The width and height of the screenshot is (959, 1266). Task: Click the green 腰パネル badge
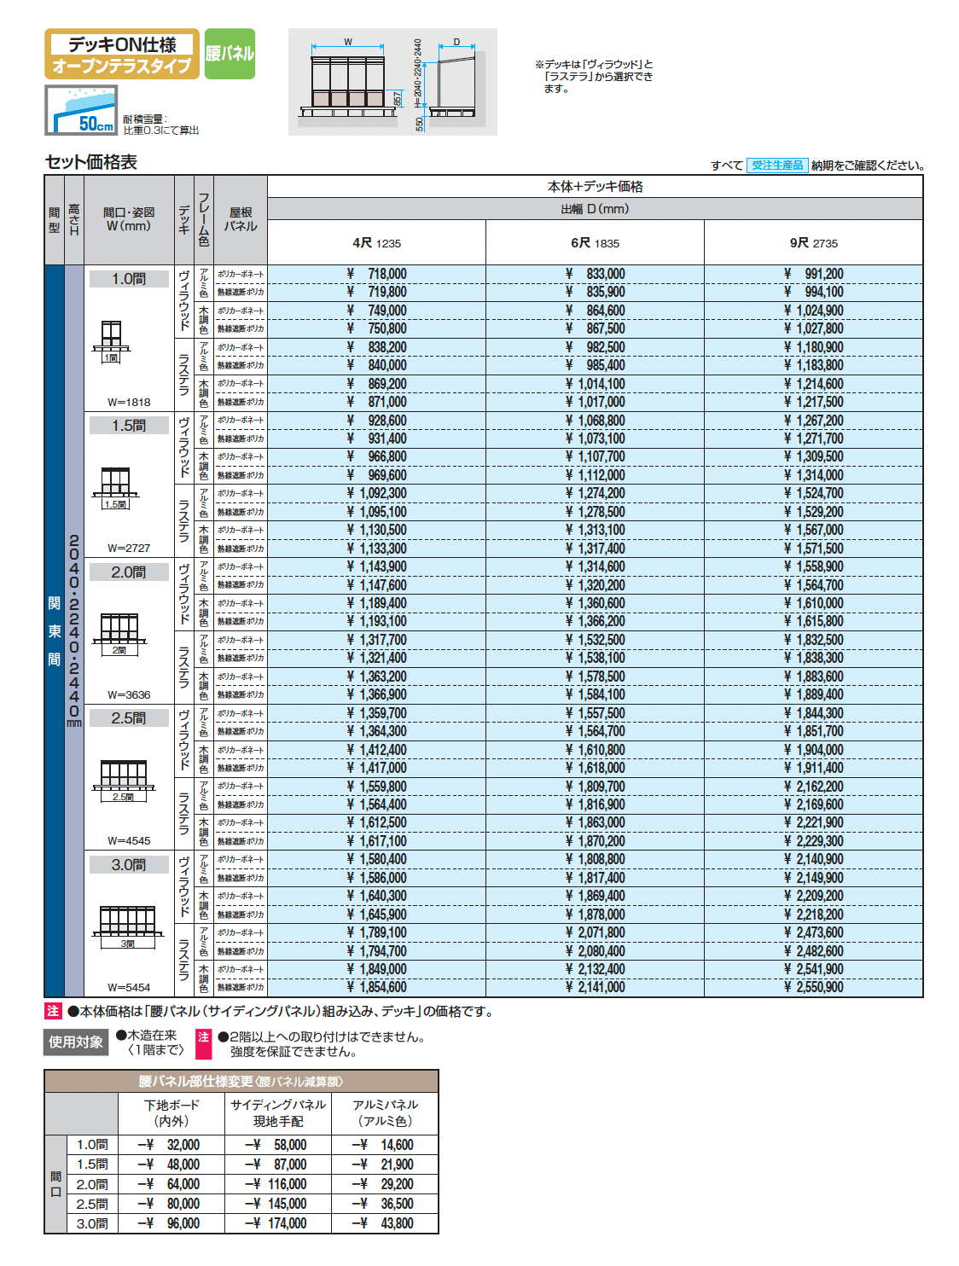click(x=230, y=54)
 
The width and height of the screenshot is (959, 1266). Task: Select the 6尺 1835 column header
click(x=595, y=243)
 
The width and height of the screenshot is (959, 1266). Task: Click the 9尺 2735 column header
click(x=813, y=243)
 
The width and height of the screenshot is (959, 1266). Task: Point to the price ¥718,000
click(x=377, y=274)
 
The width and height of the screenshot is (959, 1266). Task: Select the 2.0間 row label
click(x=129, y=572)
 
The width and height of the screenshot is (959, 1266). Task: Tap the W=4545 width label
click(x=129, y=840)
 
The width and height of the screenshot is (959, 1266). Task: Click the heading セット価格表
click(x=91, y=162)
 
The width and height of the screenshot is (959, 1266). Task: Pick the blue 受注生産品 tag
click(x=777, y=166)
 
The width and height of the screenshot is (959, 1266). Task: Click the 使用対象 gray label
click(x=76, y=1042)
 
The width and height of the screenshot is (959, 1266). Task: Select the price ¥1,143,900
click(x=377, y=566)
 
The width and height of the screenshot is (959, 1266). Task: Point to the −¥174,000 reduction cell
click(x=276, y=1223)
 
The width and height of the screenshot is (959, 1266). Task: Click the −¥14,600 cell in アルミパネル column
click(x=384, y=1145)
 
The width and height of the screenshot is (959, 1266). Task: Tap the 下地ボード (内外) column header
click(x=171, y=1112)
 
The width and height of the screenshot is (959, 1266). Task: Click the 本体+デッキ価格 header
click(x=595, y=186)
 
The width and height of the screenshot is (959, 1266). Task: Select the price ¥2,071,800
click(x=595, y=932)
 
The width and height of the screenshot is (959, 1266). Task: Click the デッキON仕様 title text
click(x=122, y=44)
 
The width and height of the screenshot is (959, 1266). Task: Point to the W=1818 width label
click(x=129, y=402)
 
